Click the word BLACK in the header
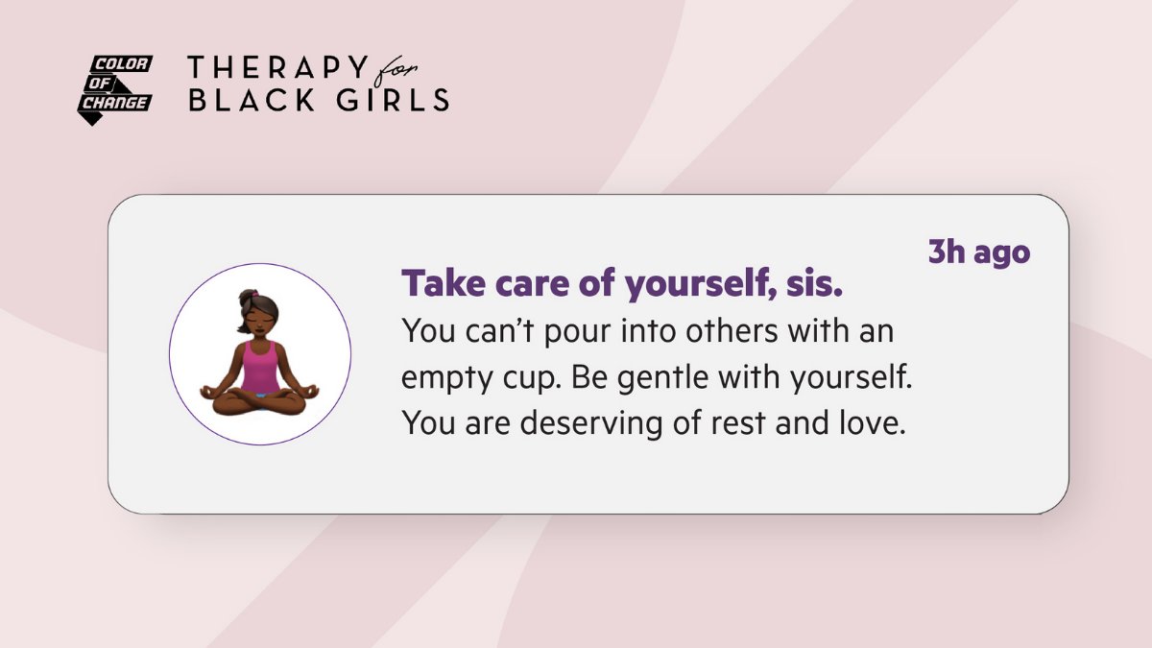coord(245,100)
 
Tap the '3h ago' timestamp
coord(978,252)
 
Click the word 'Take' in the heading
coord(439,284)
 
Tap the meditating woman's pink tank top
coord(259,368)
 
